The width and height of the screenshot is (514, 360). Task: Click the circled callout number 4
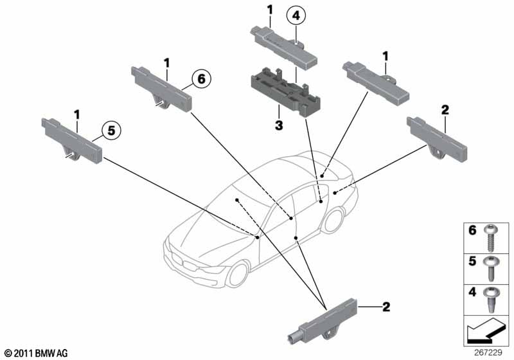coord(296,15)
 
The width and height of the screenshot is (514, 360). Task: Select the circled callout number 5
coord(111,130)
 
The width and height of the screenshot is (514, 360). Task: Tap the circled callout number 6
coord(201,78)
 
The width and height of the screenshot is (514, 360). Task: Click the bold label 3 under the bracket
coord(279,125)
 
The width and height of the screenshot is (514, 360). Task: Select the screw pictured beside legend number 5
coord(491,269)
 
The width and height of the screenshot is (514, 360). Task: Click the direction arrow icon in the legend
coord(485,330)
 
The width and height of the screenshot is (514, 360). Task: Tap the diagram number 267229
coord(488,352)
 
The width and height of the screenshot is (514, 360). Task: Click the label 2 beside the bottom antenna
coord(386,307)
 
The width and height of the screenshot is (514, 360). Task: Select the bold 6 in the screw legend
coord(472,230)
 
